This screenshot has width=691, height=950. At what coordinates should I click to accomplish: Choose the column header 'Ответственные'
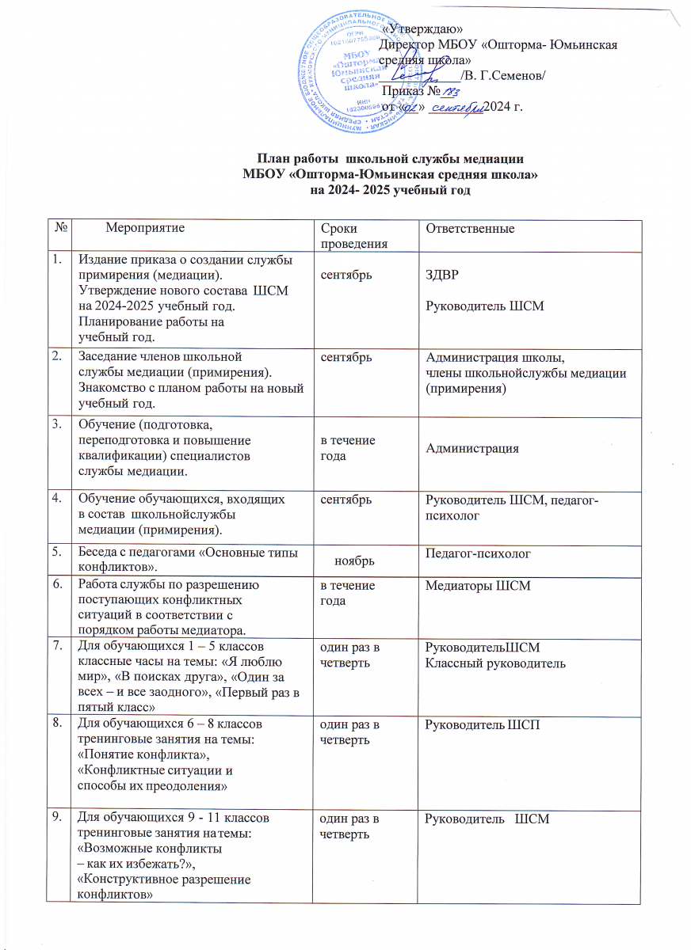click(x=471, y=229)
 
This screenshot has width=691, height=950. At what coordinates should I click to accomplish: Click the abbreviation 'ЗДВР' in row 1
click(x=441, y=274)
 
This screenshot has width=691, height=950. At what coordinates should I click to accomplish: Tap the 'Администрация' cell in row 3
click(x=472, y=449)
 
